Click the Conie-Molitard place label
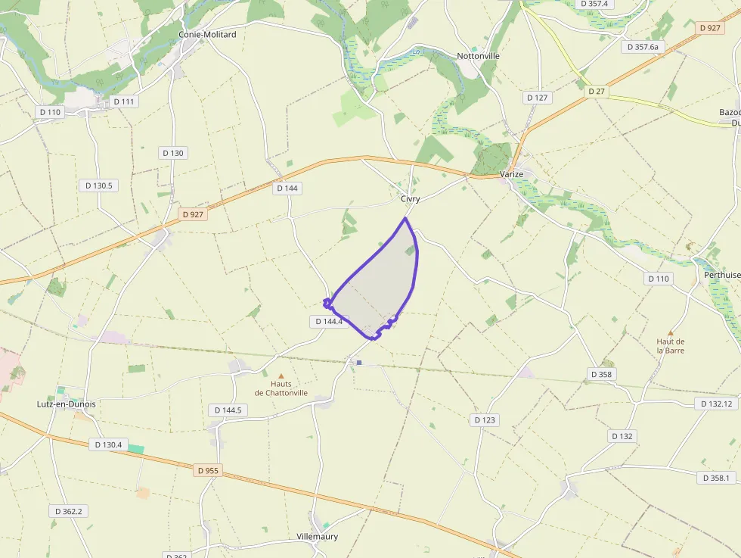pos(207,35)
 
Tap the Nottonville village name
pos(478,56)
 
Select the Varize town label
pos(512,174)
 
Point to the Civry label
pos(411,199)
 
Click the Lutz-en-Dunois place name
pos(67,404)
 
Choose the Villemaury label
pos(318,537)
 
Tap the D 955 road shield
pos(208,470)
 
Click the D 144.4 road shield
pos(328,322)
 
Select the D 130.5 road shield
pos(98,185)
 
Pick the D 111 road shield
pos(123,101)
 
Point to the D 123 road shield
pos(485,420)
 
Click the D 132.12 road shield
pos(715,404)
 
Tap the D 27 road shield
pos(597,92)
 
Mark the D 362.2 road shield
pos(68,512)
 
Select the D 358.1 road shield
pos(715,478)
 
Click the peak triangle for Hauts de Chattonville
pos(281,376)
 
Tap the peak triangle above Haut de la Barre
pos(670,333)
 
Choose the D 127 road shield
pos(537,98)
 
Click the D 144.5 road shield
pos(228,410)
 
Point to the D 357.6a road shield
pos(643,47)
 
